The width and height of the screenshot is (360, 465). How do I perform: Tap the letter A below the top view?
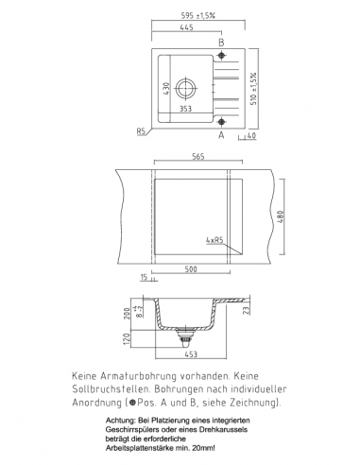point(222,136)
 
